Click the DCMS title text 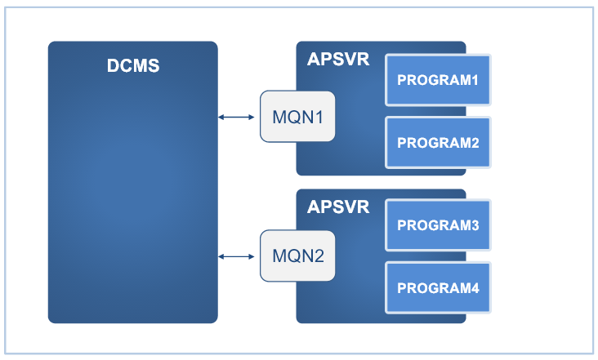click(x=133, y=66)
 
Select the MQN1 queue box click(x=297, y=116)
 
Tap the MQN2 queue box click(x=297, y=256)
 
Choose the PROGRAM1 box click(x=438, y=80)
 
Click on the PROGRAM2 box click(x=438, y=142)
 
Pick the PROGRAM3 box click(x=438, y=225)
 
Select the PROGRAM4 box click(x=438, y=287)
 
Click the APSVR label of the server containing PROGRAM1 click(x=338, y=60)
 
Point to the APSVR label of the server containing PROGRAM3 click(x=338, y=207)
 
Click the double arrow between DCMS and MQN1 click(x=238, y=118)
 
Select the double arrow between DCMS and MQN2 click(x=238, y=257)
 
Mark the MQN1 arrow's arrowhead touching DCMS click(x=221, y=118)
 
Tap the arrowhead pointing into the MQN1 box click(x=254, y=118)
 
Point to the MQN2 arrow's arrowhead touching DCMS click(x=221, y=257)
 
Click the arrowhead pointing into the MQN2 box click(x=254, y=257)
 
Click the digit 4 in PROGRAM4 click(x=474, y=288)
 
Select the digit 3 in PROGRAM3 click(x=474, y=225)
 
